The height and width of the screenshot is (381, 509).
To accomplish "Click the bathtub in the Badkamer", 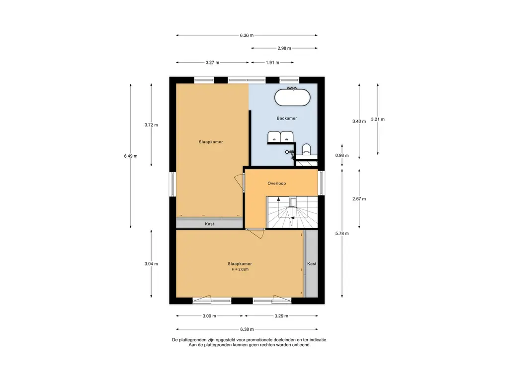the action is (292, 97).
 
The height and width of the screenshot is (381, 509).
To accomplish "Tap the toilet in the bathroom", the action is (306, 150).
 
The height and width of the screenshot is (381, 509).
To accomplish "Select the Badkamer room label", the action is (287, 118).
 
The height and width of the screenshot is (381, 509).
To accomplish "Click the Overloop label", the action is (276, 184).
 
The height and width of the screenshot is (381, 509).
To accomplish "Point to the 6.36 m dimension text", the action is (247, 35).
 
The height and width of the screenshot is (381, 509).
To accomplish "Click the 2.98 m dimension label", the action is (284, 48).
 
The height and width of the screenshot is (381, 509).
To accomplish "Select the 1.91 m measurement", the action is (272, 63).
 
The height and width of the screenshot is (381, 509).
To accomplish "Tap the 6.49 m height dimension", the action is (131, 156).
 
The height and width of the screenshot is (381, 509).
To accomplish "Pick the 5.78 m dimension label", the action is (342, 233).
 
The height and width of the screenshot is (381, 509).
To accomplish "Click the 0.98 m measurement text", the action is (342, 155).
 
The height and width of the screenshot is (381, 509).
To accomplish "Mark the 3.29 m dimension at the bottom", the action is (281, 316).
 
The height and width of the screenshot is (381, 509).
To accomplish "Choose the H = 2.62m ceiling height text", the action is (240, 269).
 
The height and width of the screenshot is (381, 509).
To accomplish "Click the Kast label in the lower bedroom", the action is (312, 264).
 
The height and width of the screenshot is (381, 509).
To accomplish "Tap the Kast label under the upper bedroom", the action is (209, 224).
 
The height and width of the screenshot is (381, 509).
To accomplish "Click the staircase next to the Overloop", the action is (292, 212).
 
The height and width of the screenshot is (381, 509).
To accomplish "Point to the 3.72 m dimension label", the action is (151, 125).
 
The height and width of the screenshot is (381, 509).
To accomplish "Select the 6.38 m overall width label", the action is (247, 329).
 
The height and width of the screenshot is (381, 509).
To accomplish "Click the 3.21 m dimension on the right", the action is (378, 119).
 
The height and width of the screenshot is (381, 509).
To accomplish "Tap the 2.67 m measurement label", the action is (359, 199).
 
